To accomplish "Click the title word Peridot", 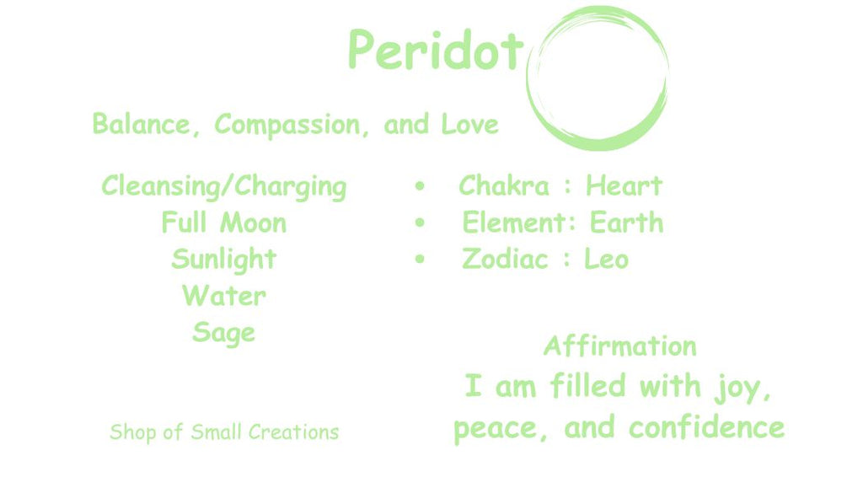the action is tap(436, 50).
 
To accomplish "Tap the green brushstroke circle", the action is tap(598, 143).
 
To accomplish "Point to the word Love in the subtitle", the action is tap(469, 125).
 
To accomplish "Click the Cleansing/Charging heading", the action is tap(224, 186).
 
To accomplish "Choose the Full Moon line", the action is tap(224, 222).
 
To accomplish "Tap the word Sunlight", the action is tap(224, 260).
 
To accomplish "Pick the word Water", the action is tap(224, 296).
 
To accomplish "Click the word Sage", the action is tap(224, 333).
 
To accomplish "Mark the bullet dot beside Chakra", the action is tap(420, 186).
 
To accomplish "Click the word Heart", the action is tap(624, 185).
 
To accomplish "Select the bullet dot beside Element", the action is tap(420, 222).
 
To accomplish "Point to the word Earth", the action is tap(626, 222).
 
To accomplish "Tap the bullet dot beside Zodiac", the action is tap(420, 260).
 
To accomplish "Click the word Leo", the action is tap(606, 260).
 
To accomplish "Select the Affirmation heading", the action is tap(620, 346).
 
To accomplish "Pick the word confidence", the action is tap(707, 427).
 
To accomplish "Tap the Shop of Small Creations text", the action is tap(224, 432).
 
